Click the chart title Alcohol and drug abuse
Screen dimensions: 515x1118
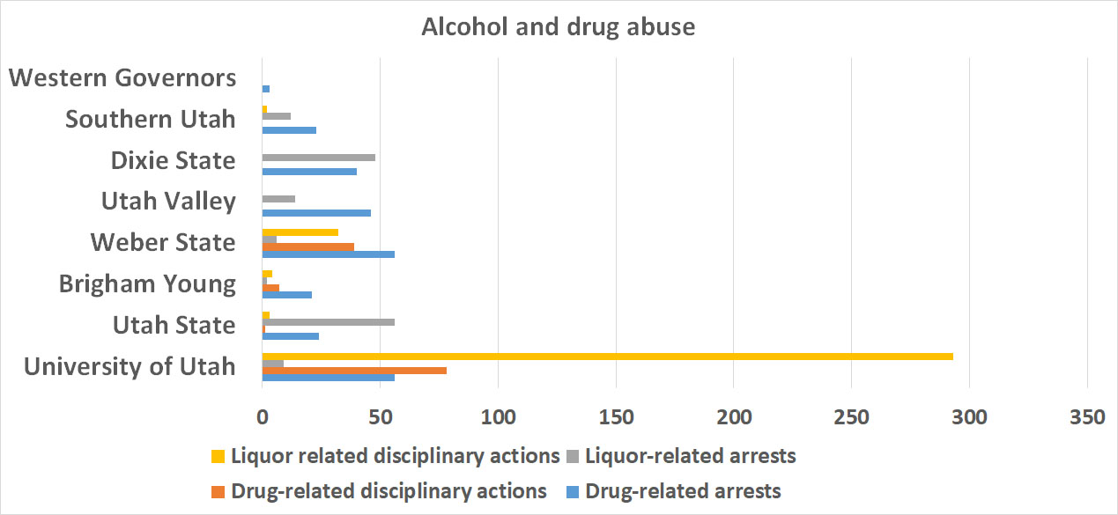point(558,27)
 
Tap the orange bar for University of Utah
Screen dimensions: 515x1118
point(354,371)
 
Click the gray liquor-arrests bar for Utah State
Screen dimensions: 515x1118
point(328,322)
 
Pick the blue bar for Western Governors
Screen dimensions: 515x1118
point(265,89)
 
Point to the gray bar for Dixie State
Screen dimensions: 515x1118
point(319,158)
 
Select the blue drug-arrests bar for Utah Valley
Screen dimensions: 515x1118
point(316,213)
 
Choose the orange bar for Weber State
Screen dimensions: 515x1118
point(307,246)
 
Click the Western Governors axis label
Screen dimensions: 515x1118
point(122,77)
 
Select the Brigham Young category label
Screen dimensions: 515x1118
point(147,284)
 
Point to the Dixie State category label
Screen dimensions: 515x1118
point(173,161)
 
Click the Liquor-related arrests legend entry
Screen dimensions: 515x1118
point(690,456)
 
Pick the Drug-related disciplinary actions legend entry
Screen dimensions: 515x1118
point(388,490)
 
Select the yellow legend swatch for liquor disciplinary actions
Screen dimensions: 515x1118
point(218,457)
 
